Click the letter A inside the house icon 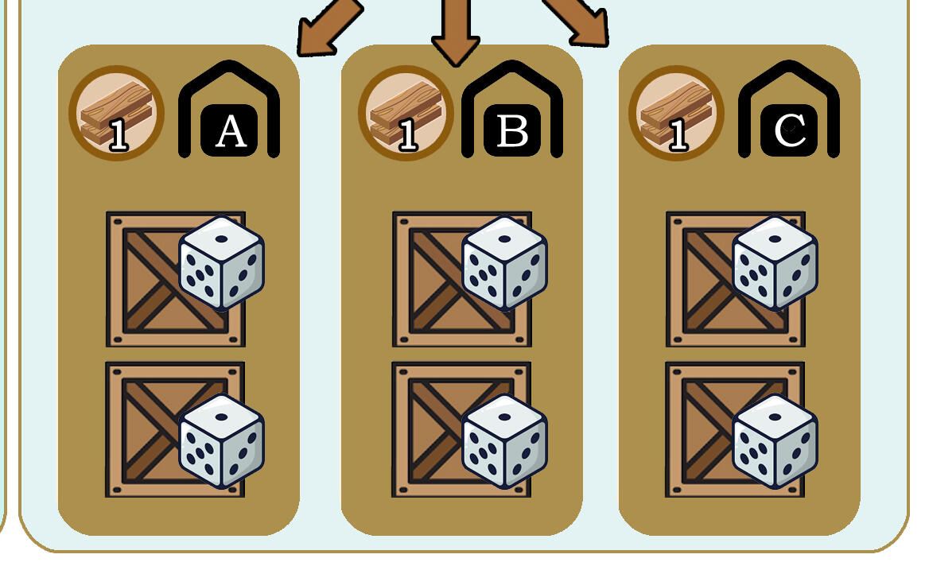(x=231, y=131)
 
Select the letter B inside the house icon (x=512, y=131)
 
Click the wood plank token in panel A (x=116, y=113)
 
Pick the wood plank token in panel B (x=406, y=113)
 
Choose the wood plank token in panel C (x=677, y=113)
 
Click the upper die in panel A (x=222, y=263)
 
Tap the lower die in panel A (x=222, y=441)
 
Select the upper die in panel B (x=505, y=263)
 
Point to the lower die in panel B (x=505, y=441)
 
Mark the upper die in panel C (x=775, y=263)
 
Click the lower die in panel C (x=775, y=441)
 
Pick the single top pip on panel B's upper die (x=505, y=239)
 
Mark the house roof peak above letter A (x=229, y=64)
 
